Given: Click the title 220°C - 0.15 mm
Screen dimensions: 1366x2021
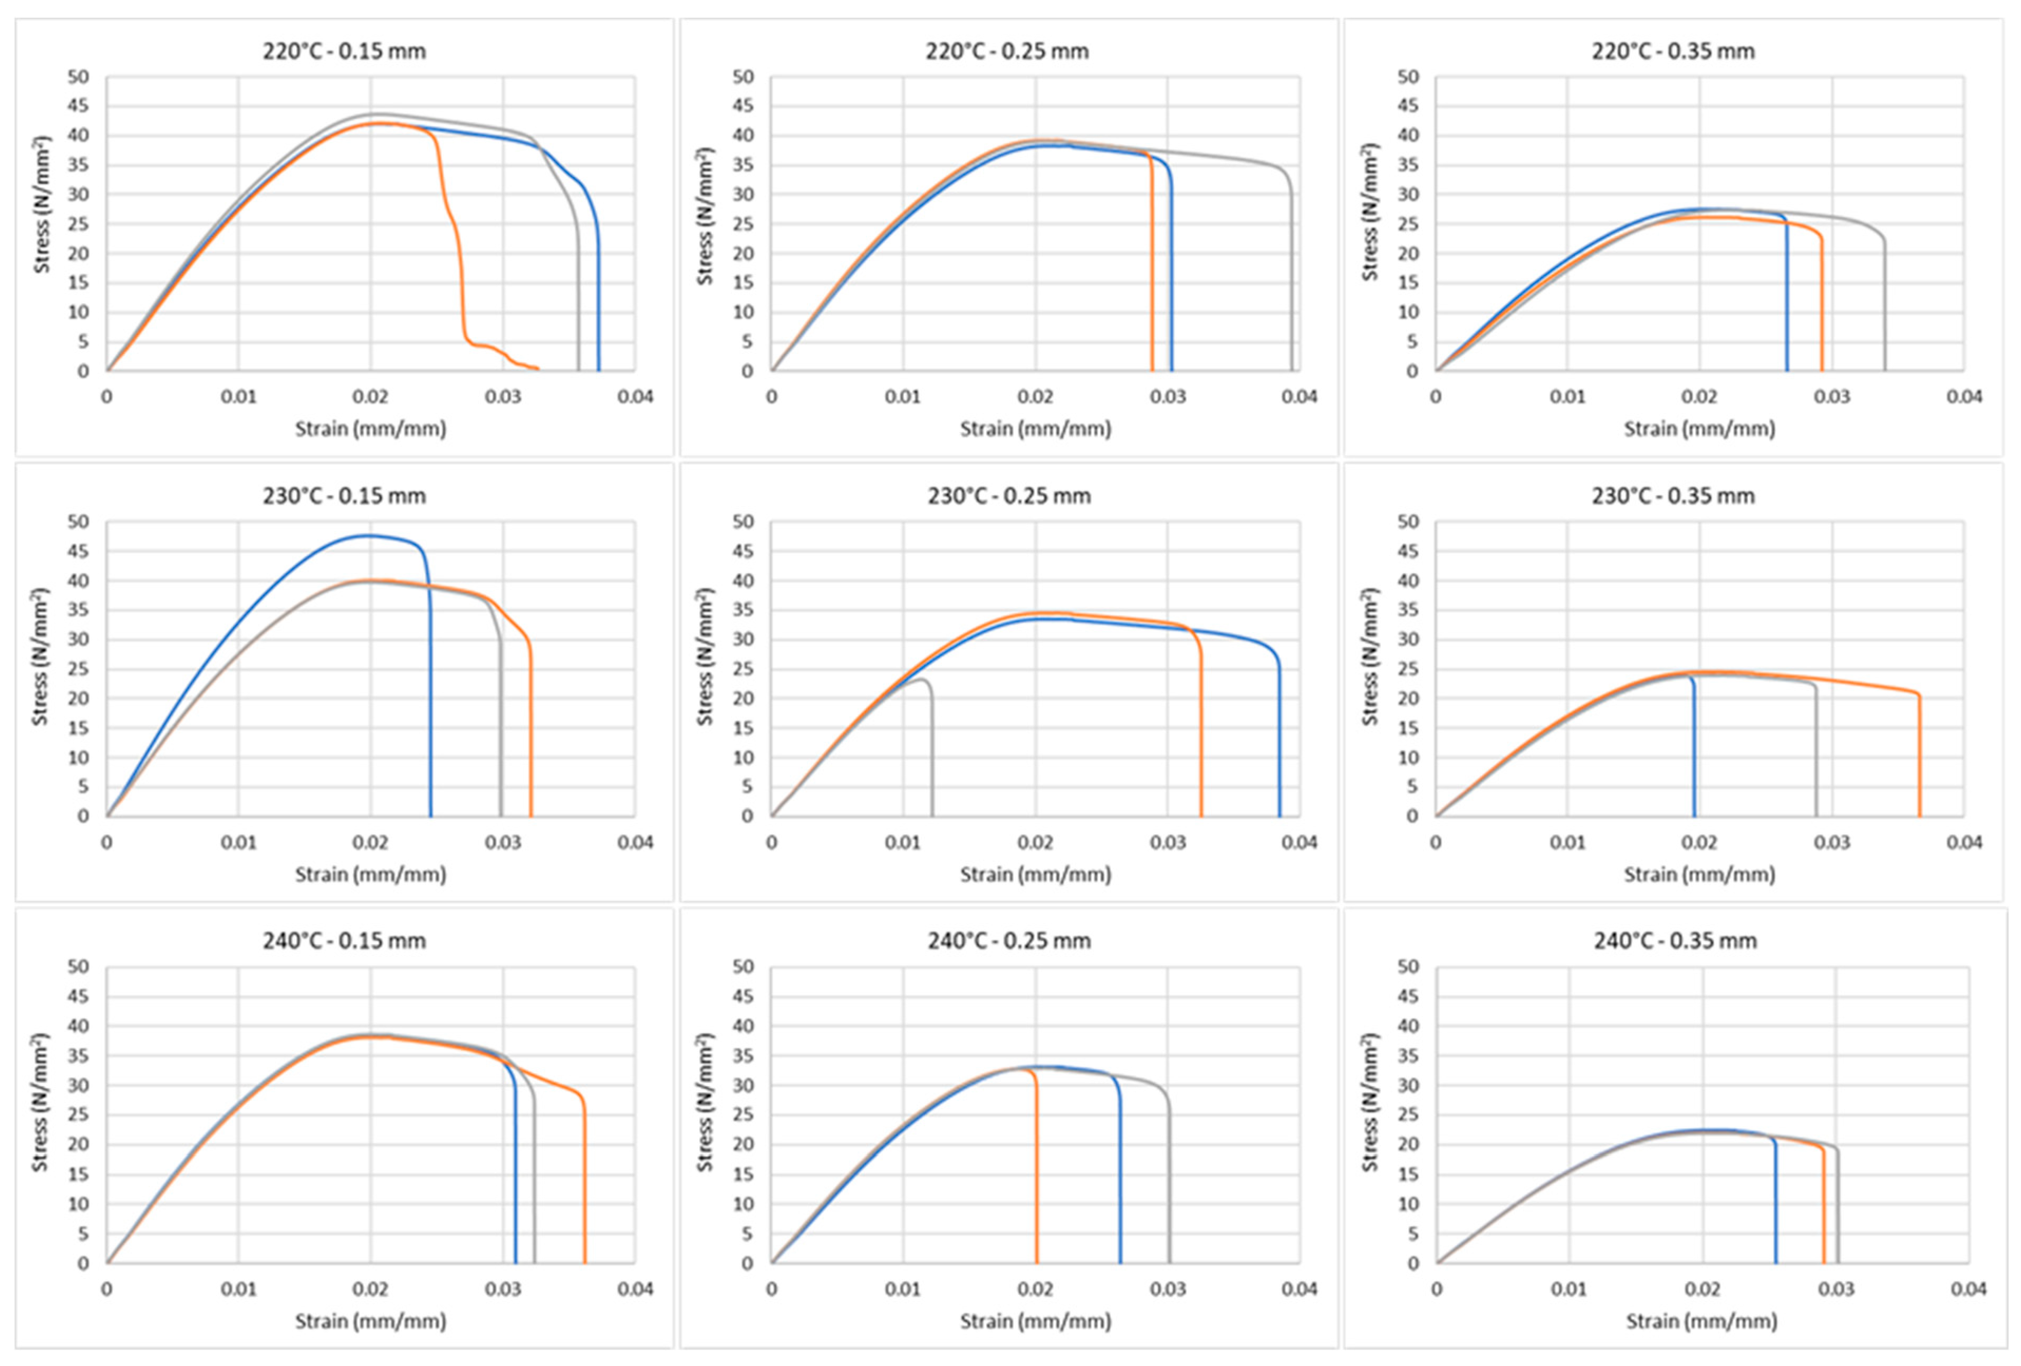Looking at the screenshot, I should pos(344,51).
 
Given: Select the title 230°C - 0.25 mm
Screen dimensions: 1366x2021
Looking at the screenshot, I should pos(1009,496).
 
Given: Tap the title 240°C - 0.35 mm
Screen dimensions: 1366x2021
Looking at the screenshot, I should pos(1675,941).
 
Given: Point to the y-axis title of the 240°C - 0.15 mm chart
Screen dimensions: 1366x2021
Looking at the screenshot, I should pos(40,1102).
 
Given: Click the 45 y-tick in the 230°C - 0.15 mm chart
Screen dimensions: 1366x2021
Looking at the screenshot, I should pos(78,551).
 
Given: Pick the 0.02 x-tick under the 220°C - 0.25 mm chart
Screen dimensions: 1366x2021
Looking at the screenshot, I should pos(1035,397).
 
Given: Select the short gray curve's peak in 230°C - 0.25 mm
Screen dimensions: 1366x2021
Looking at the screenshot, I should pos(922,679).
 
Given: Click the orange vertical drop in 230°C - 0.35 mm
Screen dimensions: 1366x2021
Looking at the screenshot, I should pos(1919,756).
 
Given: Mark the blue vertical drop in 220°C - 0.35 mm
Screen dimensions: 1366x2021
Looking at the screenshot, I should pos(1787,304).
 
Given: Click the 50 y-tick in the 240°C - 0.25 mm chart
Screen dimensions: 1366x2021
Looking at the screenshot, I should pos(744,967).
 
